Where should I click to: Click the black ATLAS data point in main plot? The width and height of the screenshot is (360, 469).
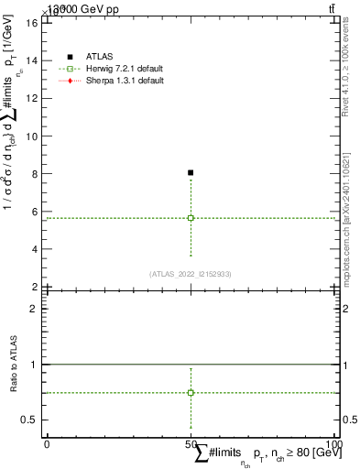click(191, 172)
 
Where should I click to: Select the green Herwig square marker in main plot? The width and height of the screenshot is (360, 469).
click(191, 218)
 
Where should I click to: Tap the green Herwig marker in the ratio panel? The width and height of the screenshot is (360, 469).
click(191, 392)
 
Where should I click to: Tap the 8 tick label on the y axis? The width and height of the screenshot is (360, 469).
click(34, 174)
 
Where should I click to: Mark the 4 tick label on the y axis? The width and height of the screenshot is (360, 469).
click(34, 249)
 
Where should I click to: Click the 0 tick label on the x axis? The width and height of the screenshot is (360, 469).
click(47, 444)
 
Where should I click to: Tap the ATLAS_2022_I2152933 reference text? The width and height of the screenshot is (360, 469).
click(191, 274)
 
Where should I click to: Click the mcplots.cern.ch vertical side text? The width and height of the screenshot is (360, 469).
click(351, 229)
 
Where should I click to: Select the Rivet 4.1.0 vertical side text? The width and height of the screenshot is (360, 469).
click(351, 73)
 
